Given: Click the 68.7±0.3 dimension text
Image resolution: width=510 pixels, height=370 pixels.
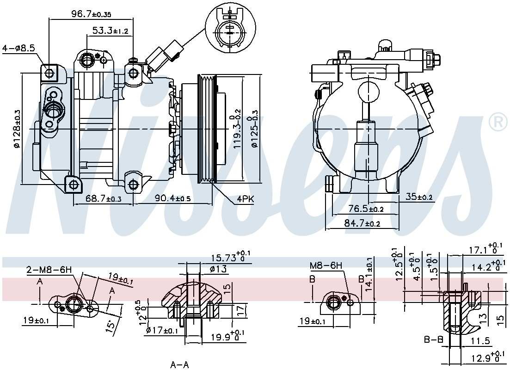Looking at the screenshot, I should (104, 199).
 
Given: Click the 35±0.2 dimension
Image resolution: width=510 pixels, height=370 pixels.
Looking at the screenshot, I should (418, 197).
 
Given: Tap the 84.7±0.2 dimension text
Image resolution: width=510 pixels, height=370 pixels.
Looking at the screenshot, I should (362, 224).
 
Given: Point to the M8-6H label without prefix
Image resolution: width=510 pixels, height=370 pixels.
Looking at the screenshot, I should (326, 265).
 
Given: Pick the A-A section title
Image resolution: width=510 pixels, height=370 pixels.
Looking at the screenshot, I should (179, 365).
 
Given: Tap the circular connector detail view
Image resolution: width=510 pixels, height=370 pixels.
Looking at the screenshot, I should (230, 29).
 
